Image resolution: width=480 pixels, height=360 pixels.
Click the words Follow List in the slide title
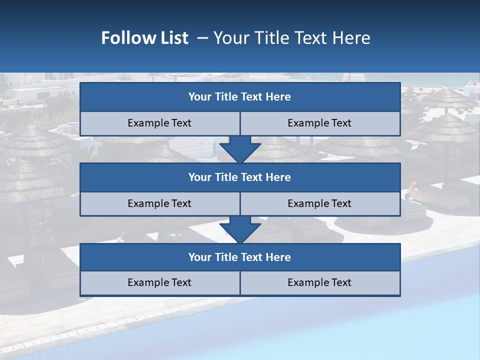coord(144,38)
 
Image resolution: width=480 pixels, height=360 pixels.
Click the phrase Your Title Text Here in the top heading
coord(291,38)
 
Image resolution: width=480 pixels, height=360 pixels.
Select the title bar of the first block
coord(240,97)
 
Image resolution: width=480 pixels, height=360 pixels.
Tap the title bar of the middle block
coord(240,177)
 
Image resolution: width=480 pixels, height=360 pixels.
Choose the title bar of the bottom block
coord(240,257)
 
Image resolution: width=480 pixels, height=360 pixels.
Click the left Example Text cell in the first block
coord(159,123)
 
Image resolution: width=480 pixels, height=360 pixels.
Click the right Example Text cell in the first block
coord(319,123)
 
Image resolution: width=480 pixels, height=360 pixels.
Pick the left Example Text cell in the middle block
coord(159,203)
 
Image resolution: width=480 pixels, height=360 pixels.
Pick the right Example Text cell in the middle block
coord(319,203)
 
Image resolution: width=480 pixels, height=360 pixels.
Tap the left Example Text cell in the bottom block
coord(159,282)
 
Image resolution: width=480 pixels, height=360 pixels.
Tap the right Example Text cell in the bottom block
coord(319,282)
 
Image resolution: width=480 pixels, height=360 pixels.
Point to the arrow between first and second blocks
coord(240,149)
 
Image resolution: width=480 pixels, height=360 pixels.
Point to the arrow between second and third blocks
coord(240,229)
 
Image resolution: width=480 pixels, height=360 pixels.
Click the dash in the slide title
coord(202,38)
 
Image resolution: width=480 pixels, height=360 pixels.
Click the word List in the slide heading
coord(173,38)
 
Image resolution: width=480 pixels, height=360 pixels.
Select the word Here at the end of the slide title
coord(353,38)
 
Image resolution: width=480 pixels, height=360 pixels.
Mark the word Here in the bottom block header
coord(278,257)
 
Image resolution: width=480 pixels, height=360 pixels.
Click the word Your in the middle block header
coord(199,177)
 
